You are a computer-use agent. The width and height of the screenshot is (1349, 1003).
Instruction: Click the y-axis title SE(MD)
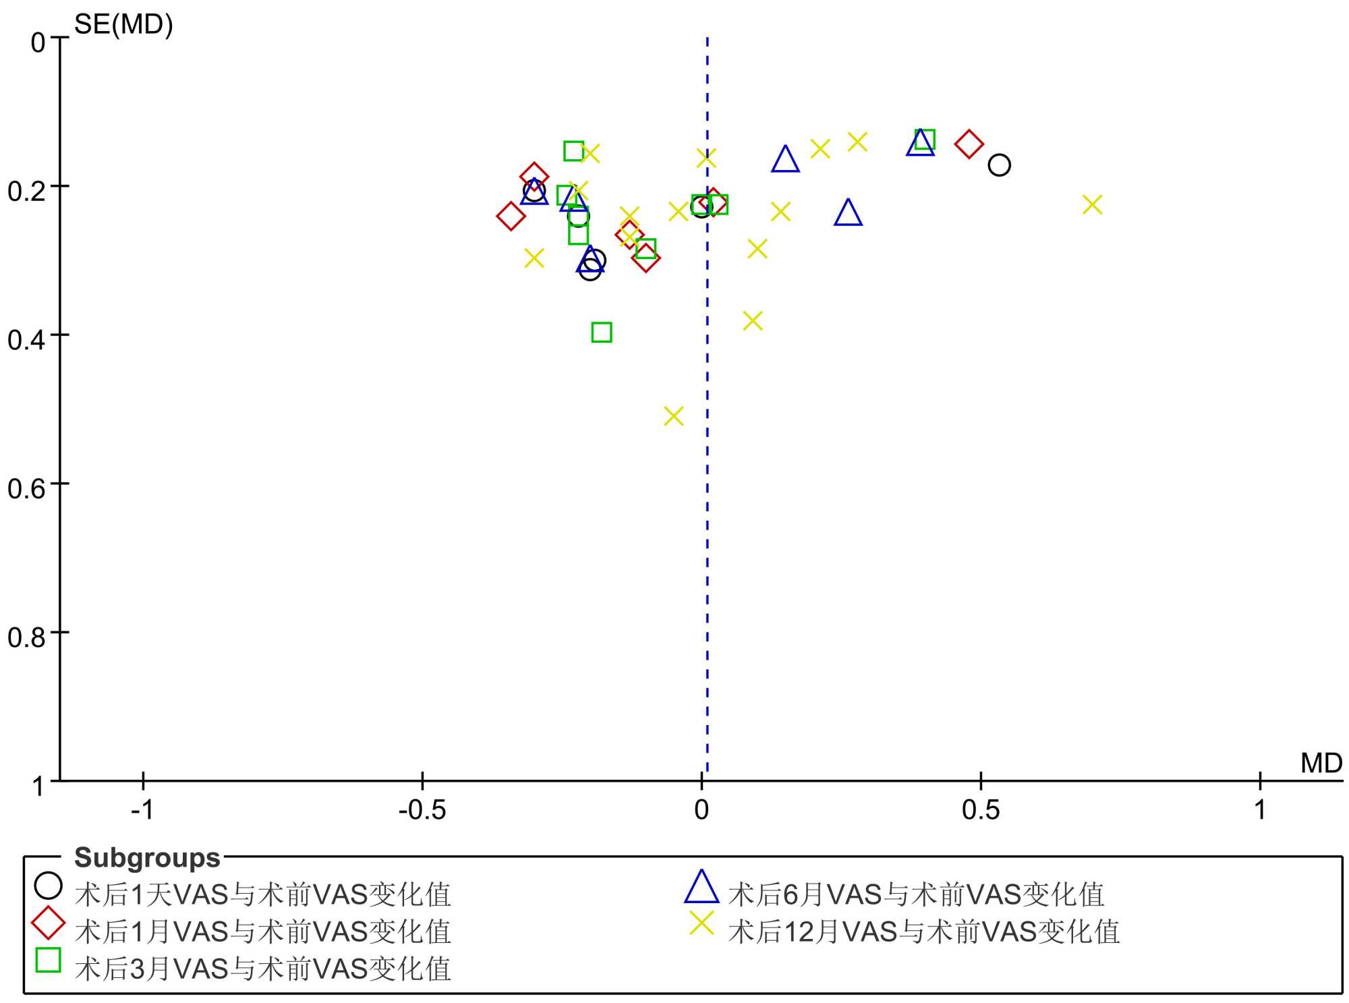[123, 25]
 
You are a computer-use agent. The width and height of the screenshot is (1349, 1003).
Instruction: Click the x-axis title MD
[1321, 764]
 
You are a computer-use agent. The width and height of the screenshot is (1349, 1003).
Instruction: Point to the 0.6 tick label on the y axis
[27, 488]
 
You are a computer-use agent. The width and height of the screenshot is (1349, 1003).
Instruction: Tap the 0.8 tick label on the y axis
[27, 637]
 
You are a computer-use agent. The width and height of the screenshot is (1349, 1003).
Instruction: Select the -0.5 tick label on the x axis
[422, 809]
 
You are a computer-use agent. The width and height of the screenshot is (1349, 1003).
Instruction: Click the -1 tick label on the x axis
[142, 809]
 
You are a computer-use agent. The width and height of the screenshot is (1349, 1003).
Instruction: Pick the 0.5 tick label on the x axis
[981, 809]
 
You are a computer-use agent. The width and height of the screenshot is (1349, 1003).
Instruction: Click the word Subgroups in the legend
[147, 858]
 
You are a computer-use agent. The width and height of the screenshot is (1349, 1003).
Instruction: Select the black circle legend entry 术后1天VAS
[49, 886]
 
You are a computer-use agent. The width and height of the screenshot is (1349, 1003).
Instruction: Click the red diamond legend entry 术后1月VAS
[49, 923]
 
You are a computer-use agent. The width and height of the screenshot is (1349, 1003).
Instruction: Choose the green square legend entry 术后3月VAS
[49, 960]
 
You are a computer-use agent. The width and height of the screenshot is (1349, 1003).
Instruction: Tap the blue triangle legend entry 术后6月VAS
[701, 888]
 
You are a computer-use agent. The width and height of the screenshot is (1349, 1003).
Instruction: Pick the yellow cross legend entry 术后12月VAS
[701, 923]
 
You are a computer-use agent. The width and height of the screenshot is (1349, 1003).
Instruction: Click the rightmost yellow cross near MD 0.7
[1092, 204]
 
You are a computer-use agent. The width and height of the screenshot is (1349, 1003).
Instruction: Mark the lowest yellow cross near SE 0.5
[673, 416]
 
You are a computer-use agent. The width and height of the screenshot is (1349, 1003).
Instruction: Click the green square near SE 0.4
[602, 333]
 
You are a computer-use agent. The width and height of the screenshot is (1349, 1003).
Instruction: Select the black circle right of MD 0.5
[999, 165]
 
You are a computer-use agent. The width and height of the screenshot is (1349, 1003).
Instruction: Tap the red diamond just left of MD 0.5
[969, 144]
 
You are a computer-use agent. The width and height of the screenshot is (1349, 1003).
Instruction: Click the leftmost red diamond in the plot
[511, 217]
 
